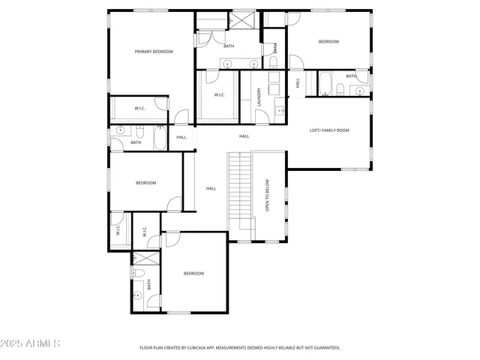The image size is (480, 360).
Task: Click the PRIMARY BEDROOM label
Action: pos(154,52)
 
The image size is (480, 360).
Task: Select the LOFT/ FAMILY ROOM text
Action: pos(329,130)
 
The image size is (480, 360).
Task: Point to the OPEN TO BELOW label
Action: pos(267,194)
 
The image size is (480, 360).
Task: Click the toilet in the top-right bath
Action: pos(341,91)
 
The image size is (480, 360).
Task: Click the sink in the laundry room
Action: pos(280,110)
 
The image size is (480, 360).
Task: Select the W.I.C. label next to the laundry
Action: pos(220,94)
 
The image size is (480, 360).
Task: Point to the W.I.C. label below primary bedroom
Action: pos(139,109)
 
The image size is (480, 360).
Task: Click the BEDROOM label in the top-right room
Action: pos(328,41)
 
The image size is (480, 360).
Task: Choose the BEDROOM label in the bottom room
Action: pos(193,274)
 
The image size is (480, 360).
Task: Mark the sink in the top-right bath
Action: pos(359,91)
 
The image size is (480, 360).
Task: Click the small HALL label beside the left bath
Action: pos(181,137)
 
